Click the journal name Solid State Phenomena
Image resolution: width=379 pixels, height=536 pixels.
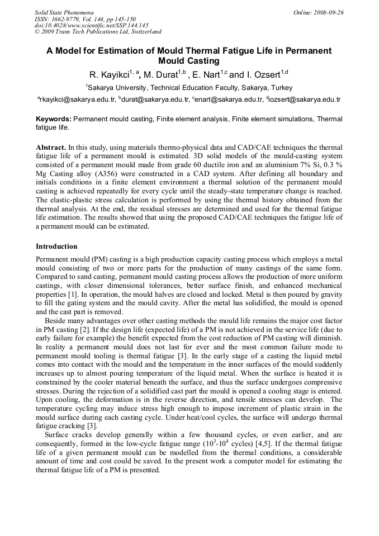coord(64,12)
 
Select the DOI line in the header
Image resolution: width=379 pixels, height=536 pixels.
coord(91,25)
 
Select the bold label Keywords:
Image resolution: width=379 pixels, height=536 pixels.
coord(54,119)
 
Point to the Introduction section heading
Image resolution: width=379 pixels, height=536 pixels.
coord(56,246)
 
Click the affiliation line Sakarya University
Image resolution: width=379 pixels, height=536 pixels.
coord(188,88)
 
